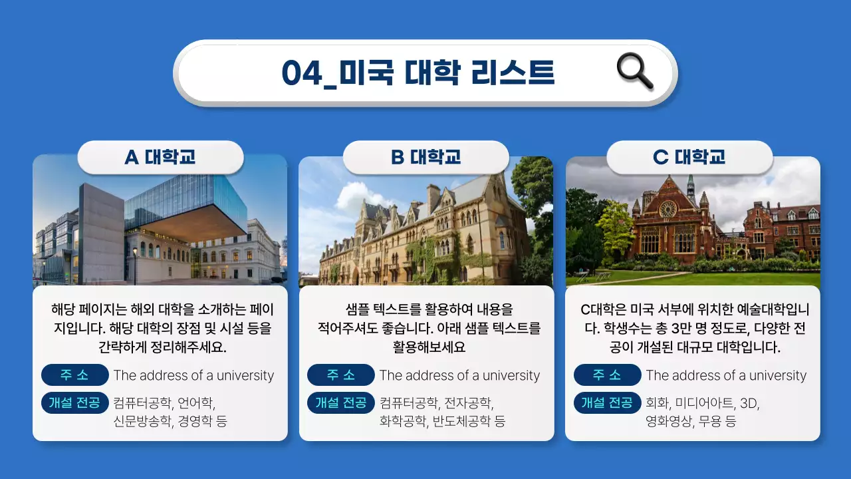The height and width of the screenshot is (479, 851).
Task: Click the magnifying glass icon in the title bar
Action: coord(634,71)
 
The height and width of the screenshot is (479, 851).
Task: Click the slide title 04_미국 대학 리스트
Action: coord(418,73)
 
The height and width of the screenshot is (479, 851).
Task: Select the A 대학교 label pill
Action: coord(160,158)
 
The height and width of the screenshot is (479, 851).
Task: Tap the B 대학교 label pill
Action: coord(425,158)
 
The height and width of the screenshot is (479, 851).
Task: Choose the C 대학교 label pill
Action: coord(689,158)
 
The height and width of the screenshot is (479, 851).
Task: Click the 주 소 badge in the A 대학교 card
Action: coord(74,375)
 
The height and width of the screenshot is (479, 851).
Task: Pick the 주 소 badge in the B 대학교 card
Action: coord(341,375)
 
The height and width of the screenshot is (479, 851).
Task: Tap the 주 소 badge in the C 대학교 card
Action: coord(607,375)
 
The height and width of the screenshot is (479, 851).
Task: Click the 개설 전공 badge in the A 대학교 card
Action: coord(74,402)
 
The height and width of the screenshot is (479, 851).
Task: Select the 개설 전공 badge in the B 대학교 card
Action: coord(341,402)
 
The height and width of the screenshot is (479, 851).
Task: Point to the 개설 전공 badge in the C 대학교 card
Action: coord(607,402)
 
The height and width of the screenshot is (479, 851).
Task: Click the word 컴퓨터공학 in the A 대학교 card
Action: coord(142,403)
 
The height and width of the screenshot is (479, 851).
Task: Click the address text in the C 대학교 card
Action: coord(726,376)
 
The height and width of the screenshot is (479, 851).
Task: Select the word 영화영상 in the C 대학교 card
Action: coord(668,421)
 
